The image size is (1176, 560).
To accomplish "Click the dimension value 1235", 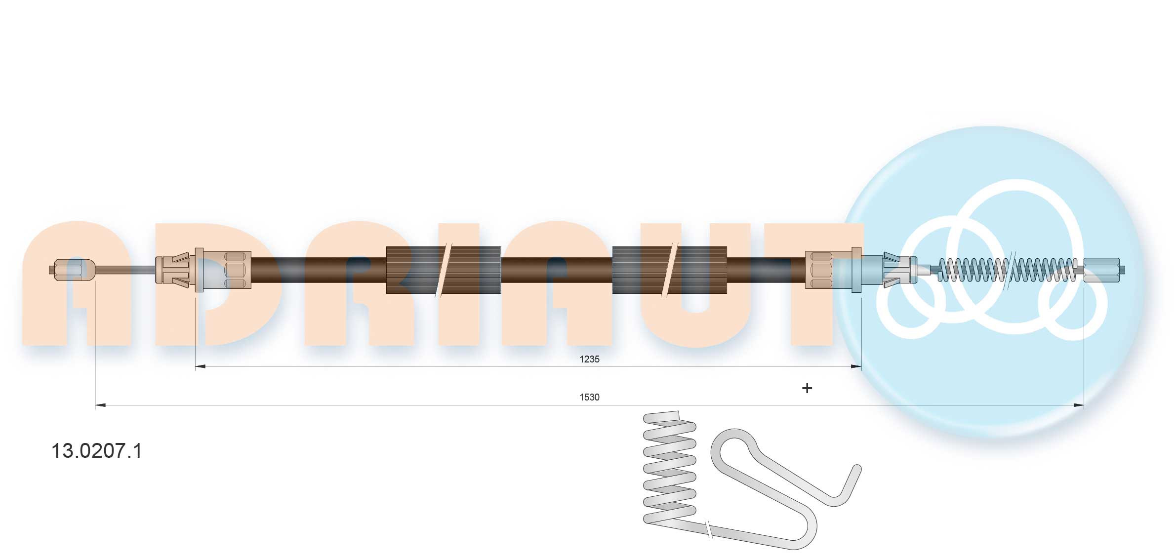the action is [x=589, y=359].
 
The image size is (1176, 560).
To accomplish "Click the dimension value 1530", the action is [x=589, y=397].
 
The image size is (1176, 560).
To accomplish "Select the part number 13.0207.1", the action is [x=97, y=451].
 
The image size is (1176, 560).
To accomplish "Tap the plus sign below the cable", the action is [x=807, y=388].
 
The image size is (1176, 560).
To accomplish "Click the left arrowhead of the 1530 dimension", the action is [x=100, y=405].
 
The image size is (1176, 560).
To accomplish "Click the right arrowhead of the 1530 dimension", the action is [x=1079, y=405].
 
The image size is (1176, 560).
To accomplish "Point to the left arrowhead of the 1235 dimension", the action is [x=201, y=366].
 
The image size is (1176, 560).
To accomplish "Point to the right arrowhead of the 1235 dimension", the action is [x=856, y=366].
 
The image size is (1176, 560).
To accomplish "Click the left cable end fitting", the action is [x=72, y=270].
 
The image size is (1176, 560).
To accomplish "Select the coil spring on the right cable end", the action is [x=1008, y=270].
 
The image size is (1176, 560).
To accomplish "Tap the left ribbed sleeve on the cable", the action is [x=443, y=270].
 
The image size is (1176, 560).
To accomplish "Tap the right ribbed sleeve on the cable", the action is [x=669, y=270].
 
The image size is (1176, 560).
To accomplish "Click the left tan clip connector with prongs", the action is [x=173, y=270].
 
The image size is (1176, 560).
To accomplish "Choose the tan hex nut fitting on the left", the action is [x=224, y=270].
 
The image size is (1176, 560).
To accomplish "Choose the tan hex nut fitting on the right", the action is [x=834, y=270].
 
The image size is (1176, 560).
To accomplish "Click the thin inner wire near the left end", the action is [x=125, y=270].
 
